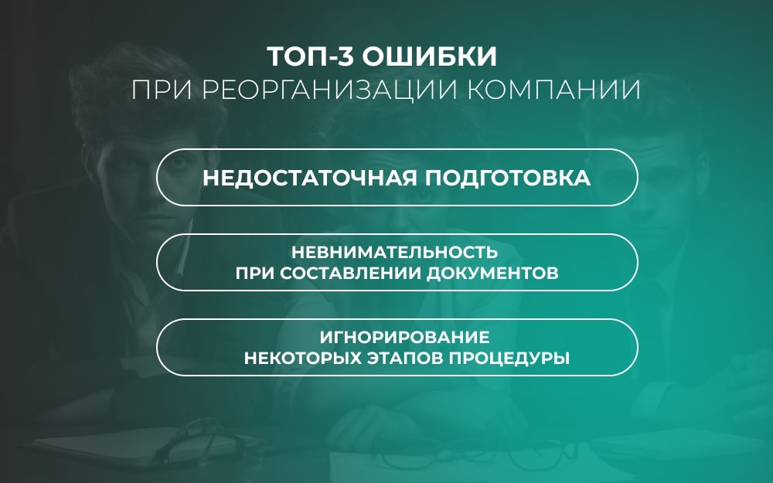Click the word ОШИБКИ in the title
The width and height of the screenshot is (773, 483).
[x=429, y=56]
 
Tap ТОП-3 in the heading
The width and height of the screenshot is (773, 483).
[x=311, y=56]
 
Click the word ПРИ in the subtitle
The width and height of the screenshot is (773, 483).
[x=162, y=90]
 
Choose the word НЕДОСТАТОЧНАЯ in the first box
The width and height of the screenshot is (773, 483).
[x=310, y=178]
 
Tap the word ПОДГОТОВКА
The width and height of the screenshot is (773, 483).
[x=508, y=178]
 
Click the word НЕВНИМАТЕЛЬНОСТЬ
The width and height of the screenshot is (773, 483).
[x=395, y=253]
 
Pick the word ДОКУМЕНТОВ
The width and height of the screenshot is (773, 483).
[x=492, y=273]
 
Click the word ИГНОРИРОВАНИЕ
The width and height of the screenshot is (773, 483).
[x=405, y=338]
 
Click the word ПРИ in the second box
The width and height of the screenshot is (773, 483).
[x=254, y=273]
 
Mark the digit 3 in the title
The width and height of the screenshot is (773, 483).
[x=346, y=56]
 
